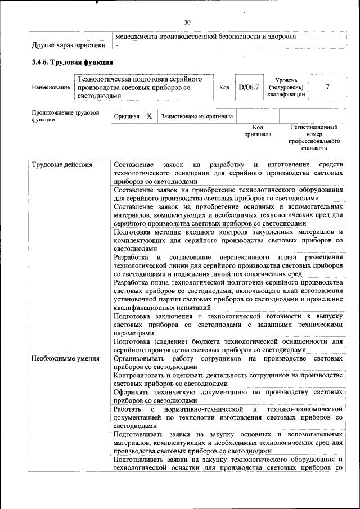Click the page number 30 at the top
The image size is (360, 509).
click(187, 22)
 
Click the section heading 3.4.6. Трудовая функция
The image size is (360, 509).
click(73, 62)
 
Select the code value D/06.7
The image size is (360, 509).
click(248, 87)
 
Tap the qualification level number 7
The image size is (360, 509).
click(327, 87)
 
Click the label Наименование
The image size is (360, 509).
click(51, 88)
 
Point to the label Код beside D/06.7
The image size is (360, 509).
click(224, 88)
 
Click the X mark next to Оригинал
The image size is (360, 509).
click(149, 116)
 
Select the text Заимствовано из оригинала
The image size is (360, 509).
click(197, 116)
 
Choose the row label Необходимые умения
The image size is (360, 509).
click(65, 358)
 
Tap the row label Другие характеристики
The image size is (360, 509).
click(69, 45)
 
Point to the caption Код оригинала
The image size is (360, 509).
click(258, 131)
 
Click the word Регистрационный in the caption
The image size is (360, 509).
click(314, 128)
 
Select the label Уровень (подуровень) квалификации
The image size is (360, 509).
click(286, 88)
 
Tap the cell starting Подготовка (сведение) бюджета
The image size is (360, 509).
click(228, 345)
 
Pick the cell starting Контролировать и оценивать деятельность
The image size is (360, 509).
click(228, 379)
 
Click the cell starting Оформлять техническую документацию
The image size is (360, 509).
click(228, 397)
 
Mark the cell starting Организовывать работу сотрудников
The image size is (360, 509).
click(228, 362)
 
